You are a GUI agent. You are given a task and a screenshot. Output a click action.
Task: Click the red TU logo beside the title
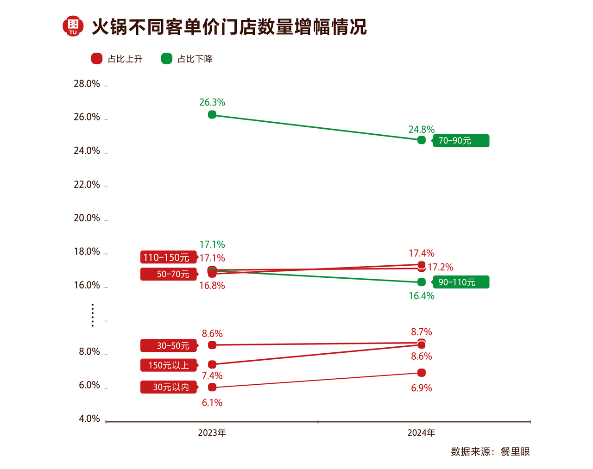[x=73, y=26]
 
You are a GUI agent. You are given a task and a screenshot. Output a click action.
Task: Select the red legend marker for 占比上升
[x=97, y=59]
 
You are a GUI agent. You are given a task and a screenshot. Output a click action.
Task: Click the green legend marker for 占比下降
[x=167, y=59]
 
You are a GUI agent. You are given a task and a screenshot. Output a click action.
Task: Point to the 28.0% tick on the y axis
[x=87, y=84]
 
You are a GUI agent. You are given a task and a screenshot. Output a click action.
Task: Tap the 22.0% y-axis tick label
[x=87, y=185]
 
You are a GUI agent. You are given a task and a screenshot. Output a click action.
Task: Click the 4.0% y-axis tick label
[x=89, y=419]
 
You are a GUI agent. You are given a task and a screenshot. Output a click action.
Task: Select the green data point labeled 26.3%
[x=212, y=114]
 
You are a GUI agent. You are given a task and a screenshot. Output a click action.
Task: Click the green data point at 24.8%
[x=421, y=140]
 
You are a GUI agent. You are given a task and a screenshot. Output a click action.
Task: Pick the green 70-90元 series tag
[x=461, y=141]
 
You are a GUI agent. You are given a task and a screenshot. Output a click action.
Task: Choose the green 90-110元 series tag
[x=461, y=282]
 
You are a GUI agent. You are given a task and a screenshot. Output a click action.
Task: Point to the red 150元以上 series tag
[x=169, y=365]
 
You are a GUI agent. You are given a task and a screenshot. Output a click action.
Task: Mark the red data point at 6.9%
[x=421, y=373]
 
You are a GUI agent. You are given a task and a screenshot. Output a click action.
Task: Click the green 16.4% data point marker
[x=421, y=282]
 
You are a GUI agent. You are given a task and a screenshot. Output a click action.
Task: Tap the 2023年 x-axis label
[x=212, y=433]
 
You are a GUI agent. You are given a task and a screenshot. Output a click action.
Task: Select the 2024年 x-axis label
[x=421, y=433]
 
